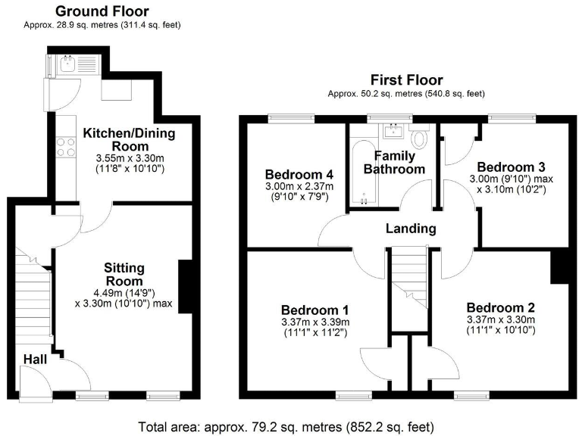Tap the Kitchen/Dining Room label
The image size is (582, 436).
click(129, 140)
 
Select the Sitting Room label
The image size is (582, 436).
click(124, 275)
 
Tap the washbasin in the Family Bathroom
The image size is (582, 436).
click(393, 132)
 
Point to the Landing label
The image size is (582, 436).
click(411, 229)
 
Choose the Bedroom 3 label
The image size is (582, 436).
click(505, 167)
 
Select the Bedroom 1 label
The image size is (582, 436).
click(314, 310)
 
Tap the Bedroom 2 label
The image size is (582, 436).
click(500, 307)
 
